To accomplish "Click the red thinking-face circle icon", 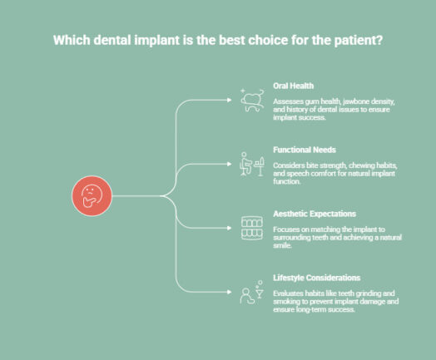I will click(91, 196).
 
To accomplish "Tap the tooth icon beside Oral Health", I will click(250, 101).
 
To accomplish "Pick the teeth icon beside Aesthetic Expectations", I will click(250, 228).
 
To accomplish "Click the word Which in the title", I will click(73, 39).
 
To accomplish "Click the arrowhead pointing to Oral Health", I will click(230, 101).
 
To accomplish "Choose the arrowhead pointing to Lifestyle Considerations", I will click(230, 291).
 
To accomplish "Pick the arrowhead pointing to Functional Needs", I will click(230, 165).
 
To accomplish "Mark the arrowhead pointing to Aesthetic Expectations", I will click(230, 228).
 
